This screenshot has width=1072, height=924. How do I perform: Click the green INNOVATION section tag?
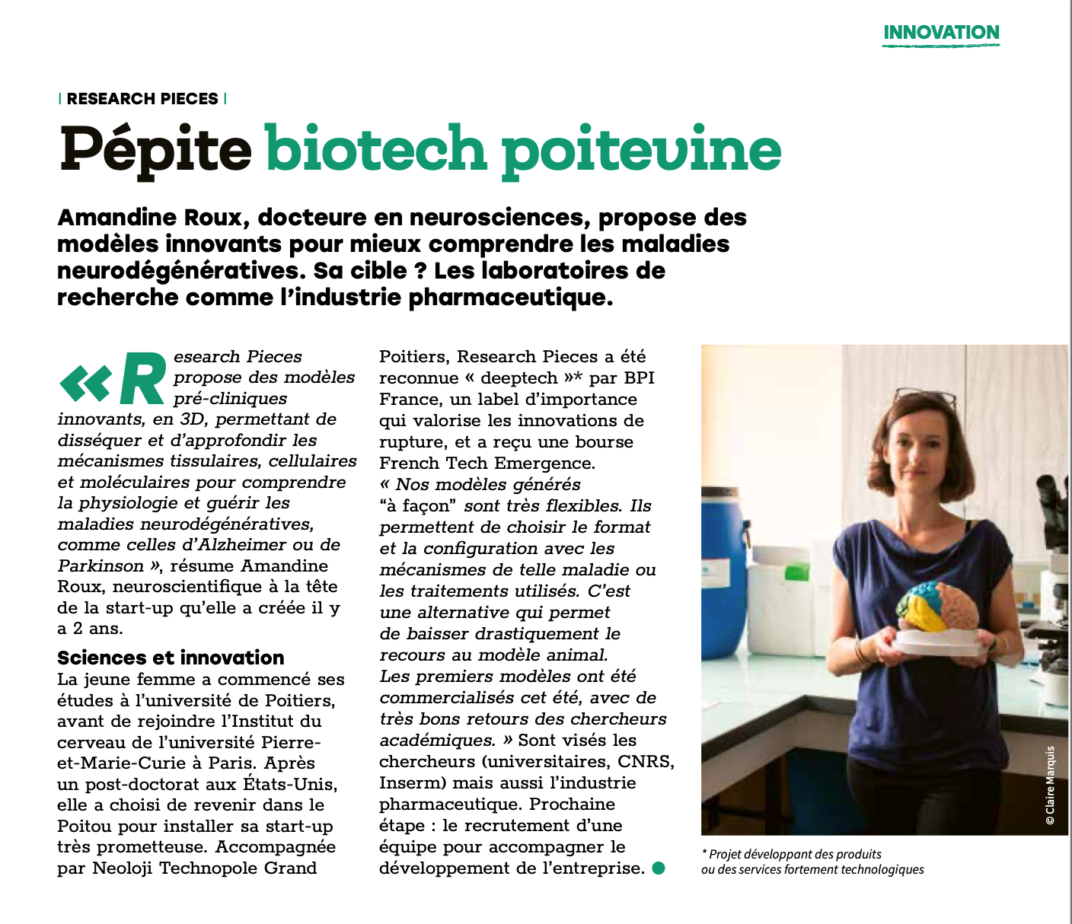941,33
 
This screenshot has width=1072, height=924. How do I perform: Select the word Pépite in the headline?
155,149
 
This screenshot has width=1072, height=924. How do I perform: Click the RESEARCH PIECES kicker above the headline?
142,99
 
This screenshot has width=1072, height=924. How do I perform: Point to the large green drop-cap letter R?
142,378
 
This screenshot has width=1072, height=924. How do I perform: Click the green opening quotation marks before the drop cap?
85,383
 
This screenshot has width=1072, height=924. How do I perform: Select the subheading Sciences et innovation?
171,658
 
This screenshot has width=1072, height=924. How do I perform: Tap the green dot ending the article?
659,868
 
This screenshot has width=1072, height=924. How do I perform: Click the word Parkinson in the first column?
100,566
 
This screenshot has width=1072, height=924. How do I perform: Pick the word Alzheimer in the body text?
247,545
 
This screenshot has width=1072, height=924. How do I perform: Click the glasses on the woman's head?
925,397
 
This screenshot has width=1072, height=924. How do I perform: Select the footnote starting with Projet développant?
812,862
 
